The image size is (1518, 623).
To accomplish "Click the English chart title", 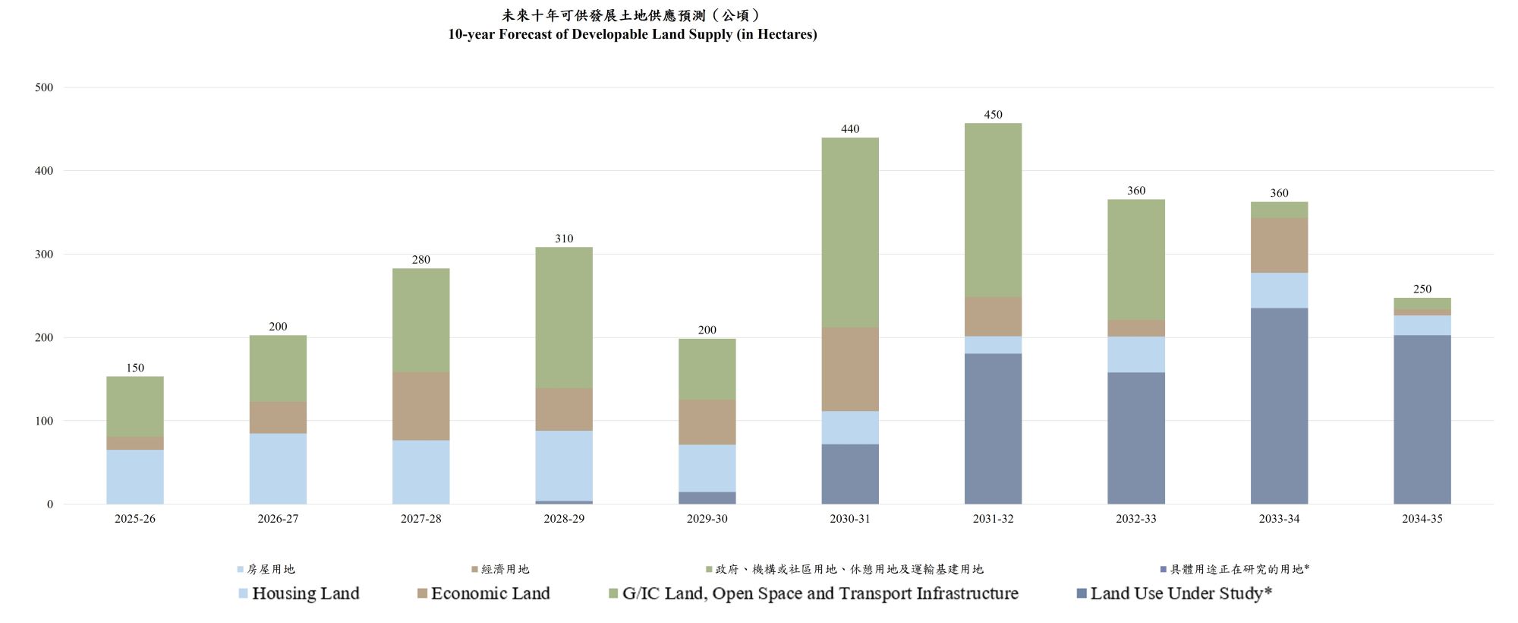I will pos(632,34).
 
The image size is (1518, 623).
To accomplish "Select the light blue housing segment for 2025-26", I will pos(135,476).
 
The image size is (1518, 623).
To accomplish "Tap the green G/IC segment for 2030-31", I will pos(850,232).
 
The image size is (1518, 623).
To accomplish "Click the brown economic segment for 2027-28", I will pos(421,406).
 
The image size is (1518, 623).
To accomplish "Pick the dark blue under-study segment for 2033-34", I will pos(1279,406).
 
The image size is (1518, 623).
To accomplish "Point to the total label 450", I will pos(993,115).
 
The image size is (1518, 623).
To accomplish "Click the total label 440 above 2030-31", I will pos(850,129).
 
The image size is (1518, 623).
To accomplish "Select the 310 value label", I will pos(564,239).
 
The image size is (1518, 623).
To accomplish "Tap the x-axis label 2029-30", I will pos(707,519).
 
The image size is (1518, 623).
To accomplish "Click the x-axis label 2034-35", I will pos(1422,519).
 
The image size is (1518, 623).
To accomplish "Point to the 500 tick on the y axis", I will pos(44,87).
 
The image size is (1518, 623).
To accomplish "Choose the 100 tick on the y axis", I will pos(44,421).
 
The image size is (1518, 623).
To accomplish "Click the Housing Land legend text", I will pos(305,593).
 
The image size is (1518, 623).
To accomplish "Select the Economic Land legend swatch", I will pos(423,593).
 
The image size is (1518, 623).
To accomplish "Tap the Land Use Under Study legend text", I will pos(1181,593).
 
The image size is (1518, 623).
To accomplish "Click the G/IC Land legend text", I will pos(820,593).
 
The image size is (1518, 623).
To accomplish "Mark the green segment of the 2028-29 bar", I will pos(564,318).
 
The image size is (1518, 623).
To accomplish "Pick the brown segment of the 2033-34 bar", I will pos(1279,245).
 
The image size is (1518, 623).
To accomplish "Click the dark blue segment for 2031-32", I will pos(993,429).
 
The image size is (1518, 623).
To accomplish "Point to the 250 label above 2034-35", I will pos(1422,289).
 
